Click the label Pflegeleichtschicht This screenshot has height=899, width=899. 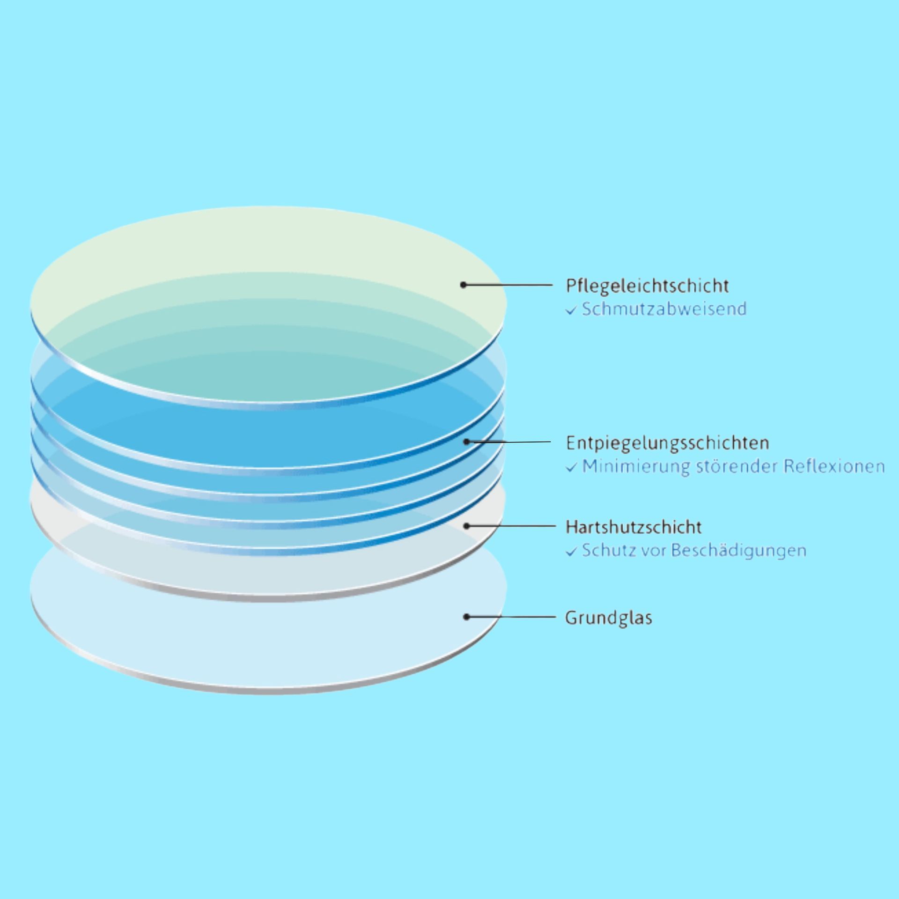pyautogui.click(x=647, y=286)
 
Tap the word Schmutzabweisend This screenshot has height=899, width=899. pyautogui.click(x=664, y=309)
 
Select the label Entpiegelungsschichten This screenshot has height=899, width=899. pyautogui.click(x=667, y=443)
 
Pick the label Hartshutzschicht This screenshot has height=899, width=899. pyautogui.click(x=634, y=527)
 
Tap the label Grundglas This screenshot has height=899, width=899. pyautogui.click(x=608, y=618)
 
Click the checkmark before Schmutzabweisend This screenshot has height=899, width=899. pyautogui.click(x=570, y=311)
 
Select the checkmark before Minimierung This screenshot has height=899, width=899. pyautogui.click(x=570, y=468)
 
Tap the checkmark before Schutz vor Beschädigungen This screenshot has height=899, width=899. pyautogui.click(x=570, y=553)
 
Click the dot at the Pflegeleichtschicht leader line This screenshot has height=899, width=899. pyautogui.click(x=463, y=285)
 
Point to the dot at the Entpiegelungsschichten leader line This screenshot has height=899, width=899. pyautogui.click(x=466, y=442)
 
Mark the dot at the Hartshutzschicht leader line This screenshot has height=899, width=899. pyautogui.click(x=466, y=526)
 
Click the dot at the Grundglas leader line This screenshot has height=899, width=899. pyautogui.click(x=466, y=617)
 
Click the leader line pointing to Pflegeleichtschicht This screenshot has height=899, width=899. pyautogui.click(x=510, y=285)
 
